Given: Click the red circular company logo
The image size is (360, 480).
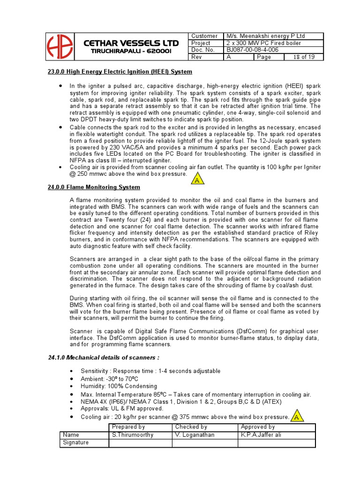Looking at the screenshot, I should (60, 46).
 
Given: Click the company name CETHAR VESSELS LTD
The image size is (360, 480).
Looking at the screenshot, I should (130, 43).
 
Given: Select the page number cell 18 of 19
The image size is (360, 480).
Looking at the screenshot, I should (304, 57).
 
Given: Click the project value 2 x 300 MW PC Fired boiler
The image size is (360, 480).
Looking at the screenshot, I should (264, 43).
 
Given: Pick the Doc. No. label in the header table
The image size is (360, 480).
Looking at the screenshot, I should (203, 50).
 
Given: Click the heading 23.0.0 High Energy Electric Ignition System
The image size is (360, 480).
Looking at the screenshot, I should (120, 72).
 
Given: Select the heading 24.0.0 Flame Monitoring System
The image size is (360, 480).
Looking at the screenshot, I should (94, 187).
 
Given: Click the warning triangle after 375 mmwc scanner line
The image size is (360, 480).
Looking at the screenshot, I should (296, 416).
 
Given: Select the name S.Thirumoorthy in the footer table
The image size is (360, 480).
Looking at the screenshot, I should (133, 435).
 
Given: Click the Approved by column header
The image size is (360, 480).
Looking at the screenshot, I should (258, 427).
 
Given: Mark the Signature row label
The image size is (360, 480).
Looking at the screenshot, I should (76, 442).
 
